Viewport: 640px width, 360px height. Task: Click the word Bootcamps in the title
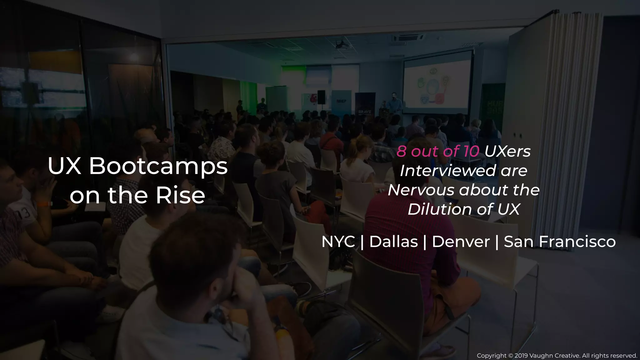(158, 167)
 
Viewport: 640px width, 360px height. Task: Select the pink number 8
(401, 152)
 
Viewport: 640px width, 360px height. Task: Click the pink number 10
(471, 152)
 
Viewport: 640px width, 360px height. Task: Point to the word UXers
(507, 152)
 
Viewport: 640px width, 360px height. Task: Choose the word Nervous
(421, 190)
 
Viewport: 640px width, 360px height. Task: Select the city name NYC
(338, 242)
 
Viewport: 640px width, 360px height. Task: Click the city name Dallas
(393, 242)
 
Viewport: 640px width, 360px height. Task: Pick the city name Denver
(461, 242)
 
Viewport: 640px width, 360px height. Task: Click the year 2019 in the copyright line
(521, 356)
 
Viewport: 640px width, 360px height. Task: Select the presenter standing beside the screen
(394, 103)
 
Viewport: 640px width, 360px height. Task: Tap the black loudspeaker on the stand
(321, 97)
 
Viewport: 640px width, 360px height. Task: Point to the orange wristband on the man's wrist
(44, 204)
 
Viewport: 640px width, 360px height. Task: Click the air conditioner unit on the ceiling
(408, 38)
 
